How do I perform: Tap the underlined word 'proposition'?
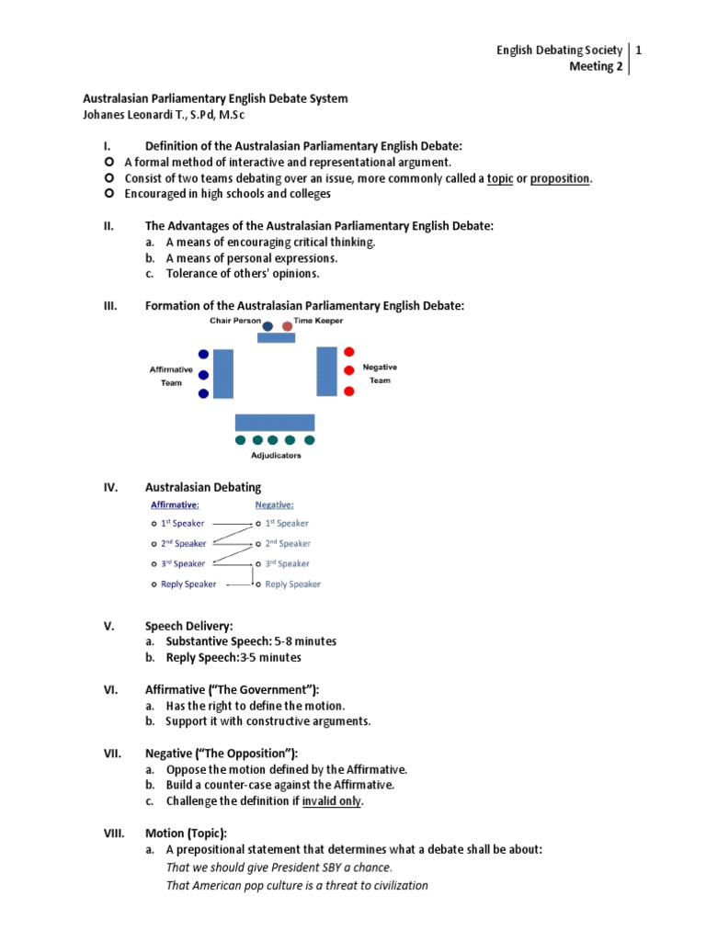(560, 178)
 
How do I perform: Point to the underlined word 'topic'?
(499, 178)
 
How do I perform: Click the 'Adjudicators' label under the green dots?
(276, 455)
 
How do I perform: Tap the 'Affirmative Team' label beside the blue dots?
(171, 376)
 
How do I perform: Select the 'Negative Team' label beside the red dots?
(380, 373)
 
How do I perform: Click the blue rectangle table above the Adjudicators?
(275, 423)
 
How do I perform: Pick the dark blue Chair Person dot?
(268, 325)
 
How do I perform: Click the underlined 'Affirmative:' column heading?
(175, 505)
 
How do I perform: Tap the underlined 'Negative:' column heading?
(274, 505)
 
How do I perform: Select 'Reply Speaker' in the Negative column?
(292, 584)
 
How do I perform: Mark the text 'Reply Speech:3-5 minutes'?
(233, 658)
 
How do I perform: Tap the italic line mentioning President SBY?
(279, 867)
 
